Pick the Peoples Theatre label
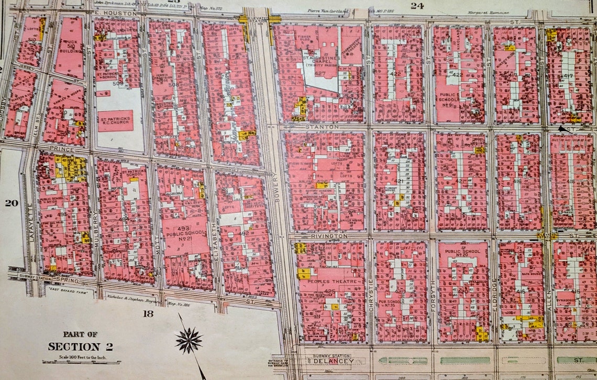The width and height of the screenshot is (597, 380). coord(329,282)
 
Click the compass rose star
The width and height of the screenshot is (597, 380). coord(189,340)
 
